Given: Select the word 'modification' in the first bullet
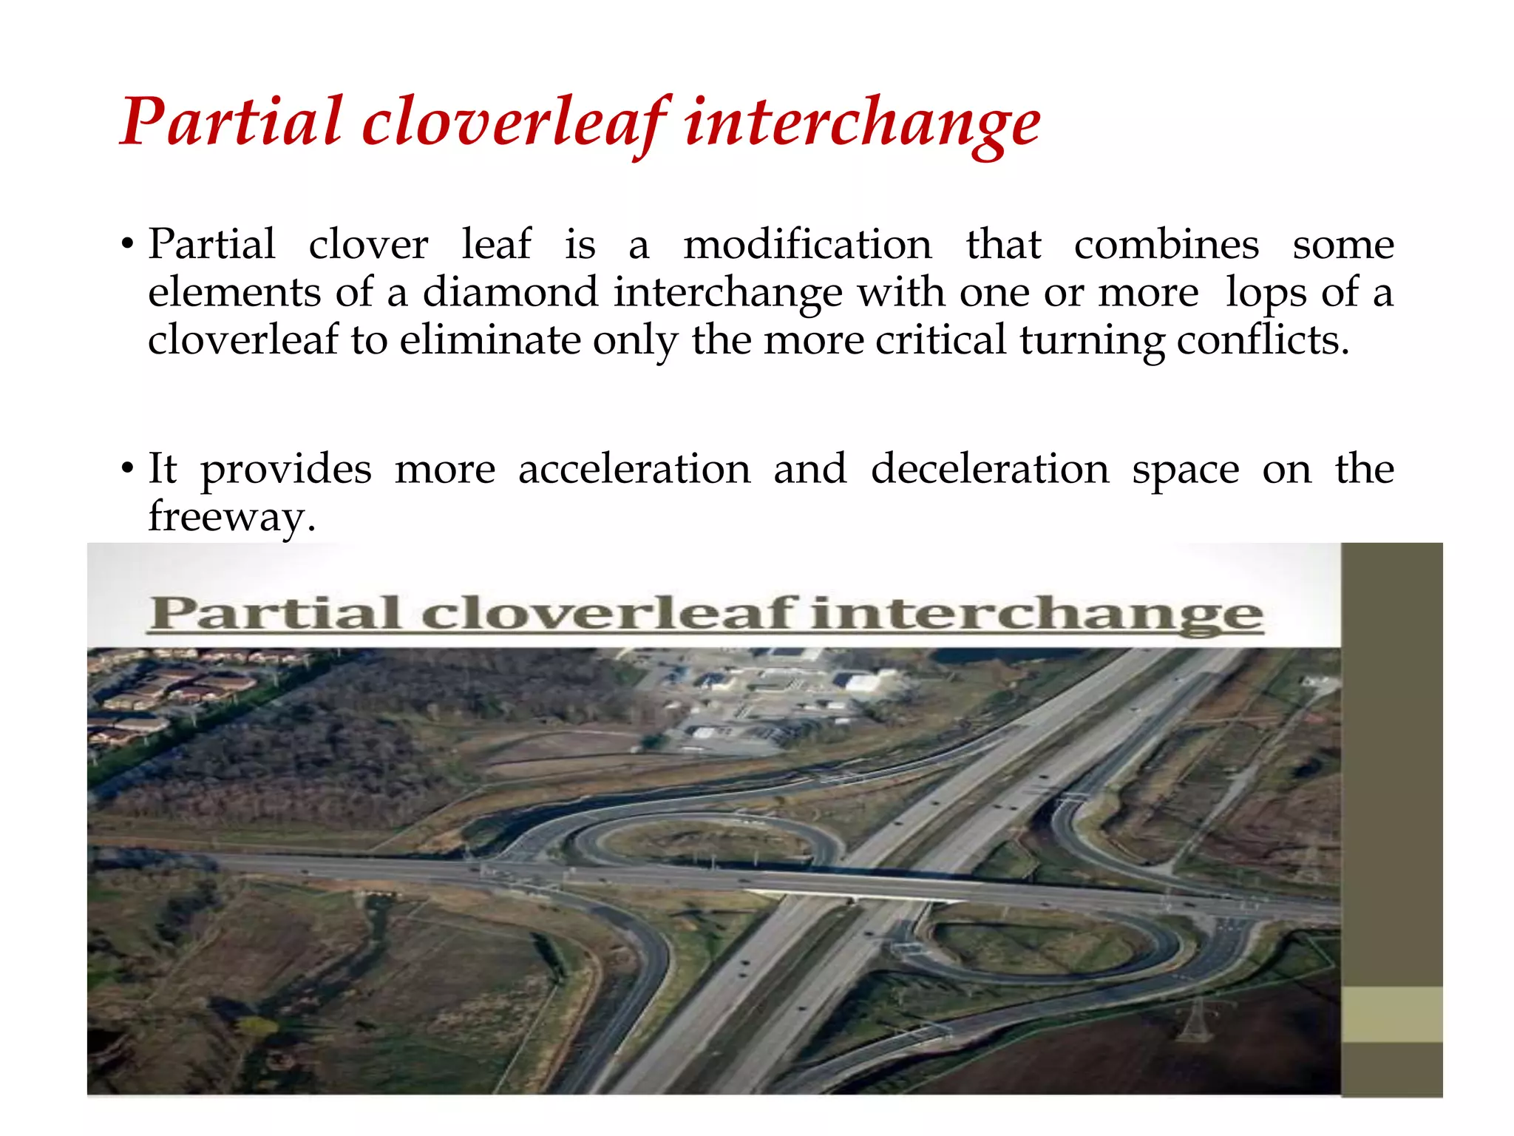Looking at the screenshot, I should coord(807,245).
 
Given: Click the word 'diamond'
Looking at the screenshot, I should coord(510,292).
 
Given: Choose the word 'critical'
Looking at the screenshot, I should coord(940,340).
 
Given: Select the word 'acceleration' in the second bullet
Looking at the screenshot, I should coord(634,470).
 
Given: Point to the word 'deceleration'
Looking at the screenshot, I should coord(990,470).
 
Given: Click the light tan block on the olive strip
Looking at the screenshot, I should coord(1391,1015).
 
